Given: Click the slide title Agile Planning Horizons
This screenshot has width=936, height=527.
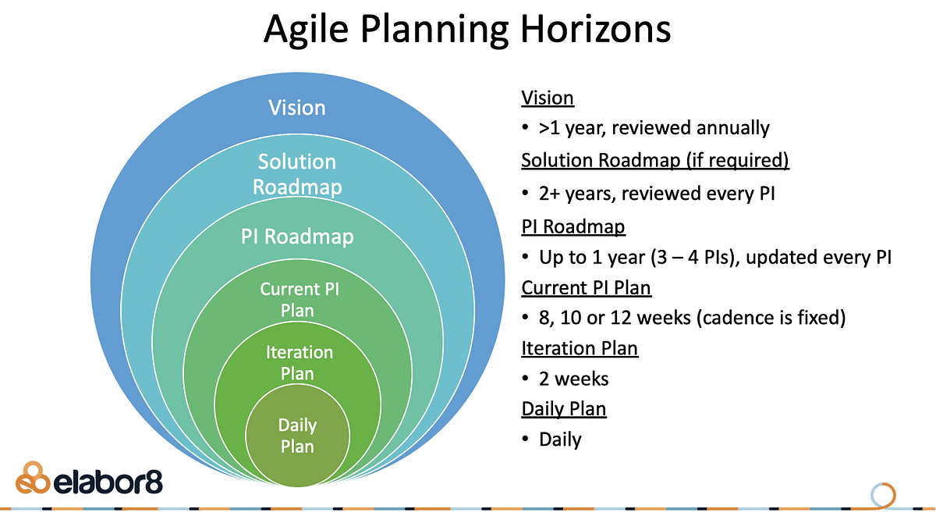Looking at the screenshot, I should [x=467, y=30].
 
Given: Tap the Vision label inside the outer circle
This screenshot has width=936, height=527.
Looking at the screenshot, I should [x=296, y=107].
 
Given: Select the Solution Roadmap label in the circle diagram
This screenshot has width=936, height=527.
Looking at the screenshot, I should [x=296, y=174].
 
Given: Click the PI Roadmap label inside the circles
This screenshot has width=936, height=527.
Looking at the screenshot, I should [x=296, y=236].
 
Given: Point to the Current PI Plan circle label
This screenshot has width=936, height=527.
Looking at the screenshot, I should [x=299, y=300].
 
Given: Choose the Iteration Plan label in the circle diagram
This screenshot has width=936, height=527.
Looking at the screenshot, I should [x=299, y=363].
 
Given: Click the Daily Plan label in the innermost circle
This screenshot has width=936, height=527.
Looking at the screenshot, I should [x=297, y=436].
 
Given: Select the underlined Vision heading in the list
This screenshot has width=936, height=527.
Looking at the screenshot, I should [x=547, y=98].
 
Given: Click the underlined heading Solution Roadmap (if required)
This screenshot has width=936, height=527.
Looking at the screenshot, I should [x=654, y=160].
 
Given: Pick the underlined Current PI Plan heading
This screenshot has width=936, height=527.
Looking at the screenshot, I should [x=586, y=287].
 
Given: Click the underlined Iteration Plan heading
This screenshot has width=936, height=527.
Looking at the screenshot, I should [x=580, y=347].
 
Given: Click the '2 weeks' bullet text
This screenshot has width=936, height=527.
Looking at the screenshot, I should [x=573, y=379].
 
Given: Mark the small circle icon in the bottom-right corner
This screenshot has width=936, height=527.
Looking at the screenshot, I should [x=883, y=495].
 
